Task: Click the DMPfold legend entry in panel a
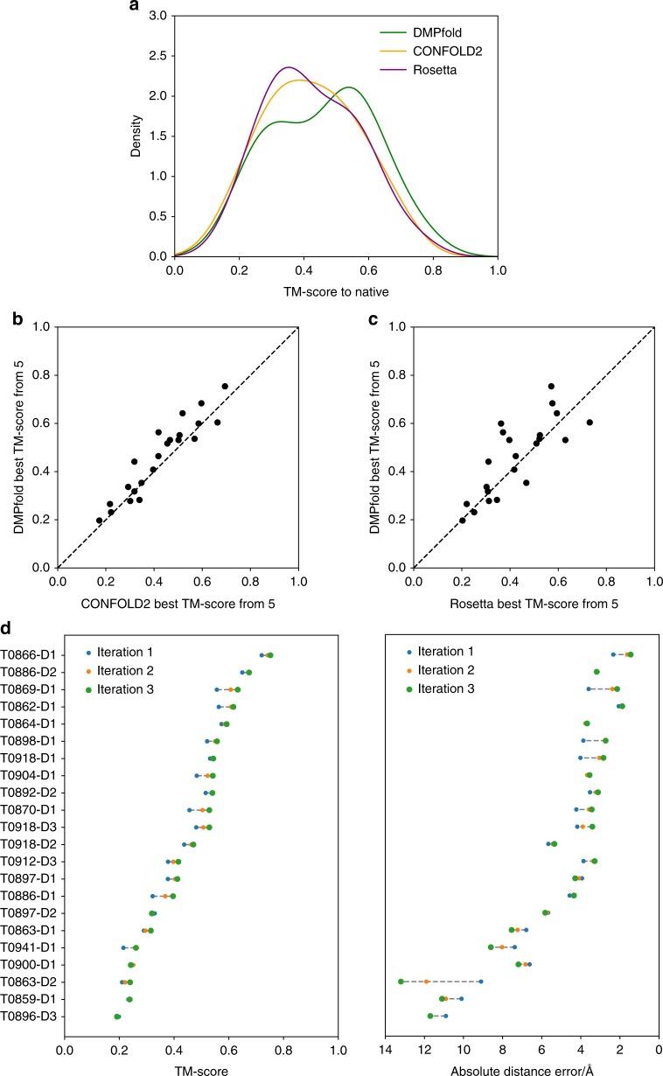[x=428, y=33]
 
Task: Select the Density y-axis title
[x=136, y=137]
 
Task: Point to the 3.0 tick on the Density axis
[x=157, y=16]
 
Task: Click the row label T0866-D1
[x=28, y=654]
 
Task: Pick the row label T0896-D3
[x=28, y=1016]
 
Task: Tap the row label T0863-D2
[x=28, y=982]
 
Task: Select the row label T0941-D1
[x=28, y=947]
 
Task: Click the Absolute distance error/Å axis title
[x=521, y=1071]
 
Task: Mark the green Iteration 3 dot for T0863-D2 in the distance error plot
[x=401, y=982]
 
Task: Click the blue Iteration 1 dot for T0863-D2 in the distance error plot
[x=480, y=982]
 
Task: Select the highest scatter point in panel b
[x=225, y=386]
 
